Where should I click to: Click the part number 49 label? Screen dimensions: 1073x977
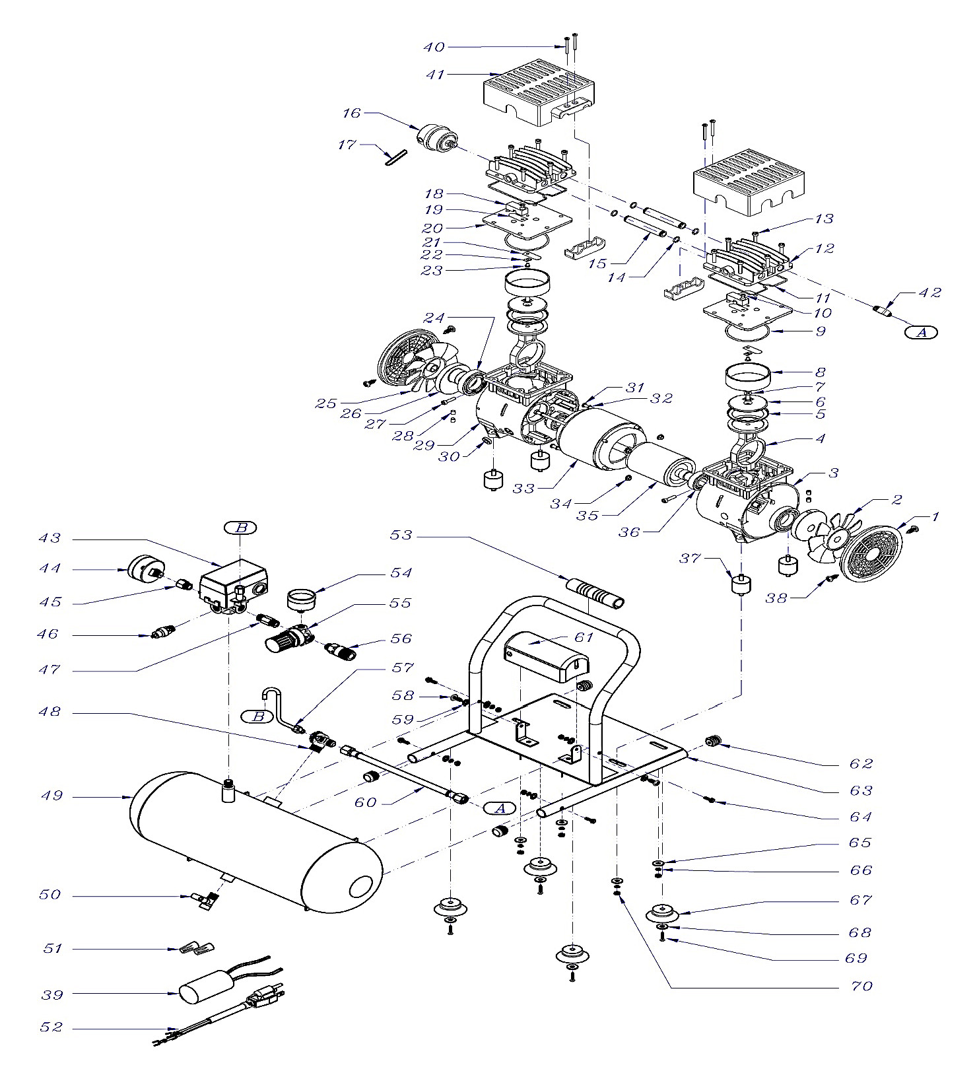coord(51,796)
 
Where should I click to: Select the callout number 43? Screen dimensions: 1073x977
coord(50,538)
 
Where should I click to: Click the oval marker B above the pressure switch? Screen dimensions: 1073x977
coord(240,528)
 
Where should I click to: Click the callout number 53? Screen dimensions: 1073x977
coord(401,535)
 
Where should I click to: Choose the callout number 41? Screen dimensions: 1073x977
coord(435,75)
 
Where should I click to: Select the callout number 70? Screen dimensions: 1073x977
coord(861,986)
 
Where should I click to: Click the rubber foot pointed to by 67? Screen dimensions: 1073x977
coord(661,915)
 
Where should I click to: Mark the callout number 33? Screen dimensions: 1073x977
coord(523,489)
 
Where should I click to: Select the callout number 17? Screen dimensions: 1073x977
coord(347,144)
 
